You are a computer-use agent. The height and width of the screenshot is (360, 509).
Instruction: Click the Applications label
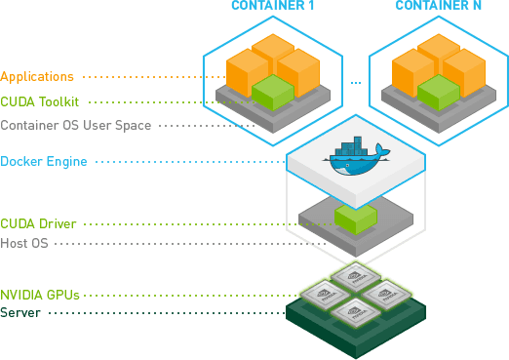37,75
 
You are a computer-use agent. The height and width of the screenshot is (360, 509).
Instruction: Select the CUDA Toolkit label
40,100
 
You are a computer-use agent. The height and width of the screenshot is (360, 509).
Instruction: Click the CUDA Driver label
38,223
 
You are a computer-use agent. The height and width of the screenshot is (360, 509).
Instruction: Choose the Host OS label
24,242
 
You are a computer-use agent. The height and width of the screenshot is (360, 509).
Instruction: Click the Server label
20,312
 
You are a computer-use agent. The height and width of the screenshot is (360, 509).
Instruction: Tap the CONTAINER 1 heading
271,7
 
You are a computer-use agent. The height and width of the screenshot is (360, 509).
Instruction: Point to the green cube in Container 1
274,93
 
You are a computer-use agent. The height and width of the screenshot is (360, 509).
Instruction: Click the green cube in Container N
438,93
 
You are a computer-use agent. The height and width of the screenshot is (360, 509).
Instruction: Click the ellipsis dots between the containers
356,82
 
